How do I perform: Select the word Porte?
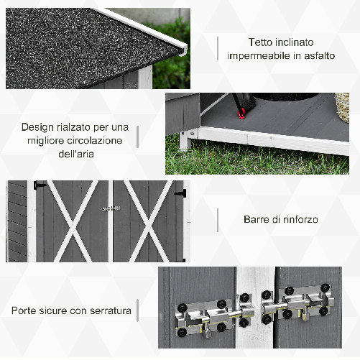[26, 311]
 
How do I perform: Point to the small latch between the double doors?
[109, 208]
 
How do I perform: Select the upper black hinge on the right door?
[181, 192]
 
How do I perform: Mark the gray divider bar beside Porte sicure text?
[138, 311]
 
